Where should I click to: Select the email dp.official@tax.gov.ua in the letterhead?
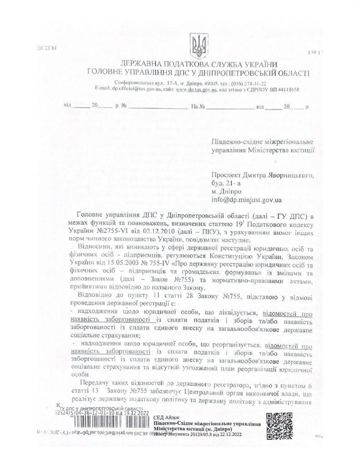pos(136,90)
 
